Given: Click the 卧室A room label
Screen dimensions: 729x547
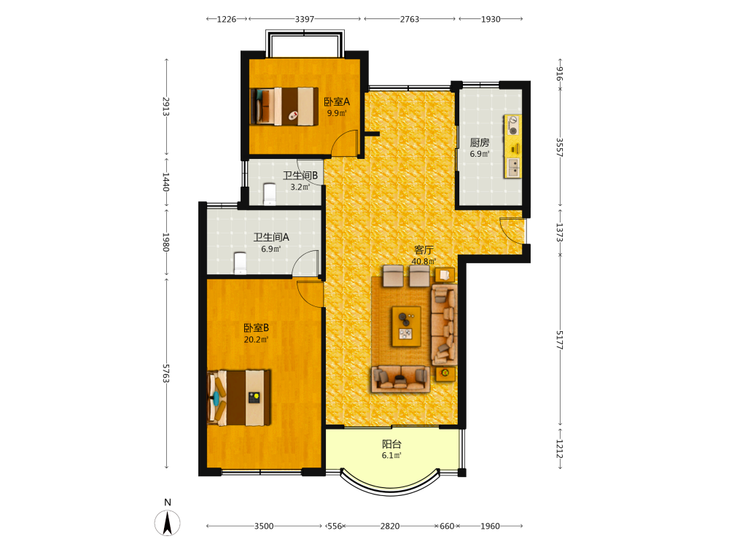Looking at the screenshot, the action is tap(337, 101).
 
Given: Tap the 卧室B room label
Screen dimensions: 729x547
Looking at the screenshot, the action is tap(256, 328).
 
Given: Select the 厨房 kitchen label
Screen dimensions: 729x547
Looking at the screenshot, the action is tap(480, 142).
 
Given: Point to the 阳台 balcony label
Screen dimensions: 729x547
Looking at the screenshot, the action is tap(391, 444).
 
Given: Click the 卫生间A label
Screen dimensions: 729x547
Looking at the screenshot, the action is tap(271, 237).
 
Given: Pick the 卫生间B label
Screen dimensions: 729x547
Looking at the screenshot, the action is tap(300, 175).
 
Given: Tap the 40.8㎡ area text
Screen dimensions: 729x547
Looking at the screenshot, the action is tap(424, 261).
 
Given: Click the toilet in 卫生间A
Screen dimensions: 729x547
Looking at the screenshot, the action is tap(240, 263).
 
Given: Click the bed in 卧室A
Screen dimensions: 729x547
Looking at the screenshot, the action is tap(284, 106).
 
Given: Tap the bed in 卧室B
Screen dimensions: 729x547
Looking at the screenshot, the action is tap(239, 397).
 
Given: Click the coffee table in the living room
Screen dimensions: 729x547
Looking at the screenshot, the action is tap(406, 326).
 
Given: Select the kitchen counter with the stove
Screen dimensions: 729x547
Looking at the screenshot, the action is tap(512, 147).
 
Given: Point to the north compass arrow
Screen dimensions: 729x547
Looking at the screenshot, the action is tap(168, 523).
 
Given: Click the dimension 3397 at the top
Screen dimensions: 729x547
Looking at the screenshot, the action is tap(305, 19).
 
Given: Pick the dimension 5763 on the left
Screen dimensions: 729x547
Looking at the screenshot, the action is tap(166, 373).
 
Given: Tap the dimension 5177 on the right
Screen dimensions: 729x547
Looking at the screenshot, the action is tap(560, 341).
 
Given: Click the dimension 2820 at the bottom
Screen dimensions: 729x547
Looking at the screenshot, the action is tap(389, 526).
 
